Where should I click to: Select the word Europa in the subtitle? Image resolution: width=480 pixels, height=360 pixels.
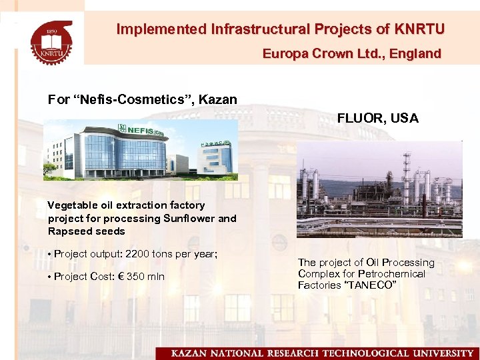click(283, 53)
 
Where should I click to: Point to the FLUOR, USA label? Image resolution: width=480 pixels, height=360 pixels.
click(377, 118)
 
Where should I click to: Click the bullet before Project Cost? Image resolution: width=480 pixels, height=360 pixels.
click(50, 277)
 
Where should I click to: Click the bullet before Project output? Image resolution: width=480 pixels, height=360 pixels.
click(50, 254)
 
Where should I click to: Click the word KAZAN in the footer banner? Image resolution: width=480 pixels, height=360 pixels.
click(190, 353)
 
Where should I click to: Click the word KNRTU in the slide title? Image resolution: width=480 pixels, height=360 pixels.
click(419, 29)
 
